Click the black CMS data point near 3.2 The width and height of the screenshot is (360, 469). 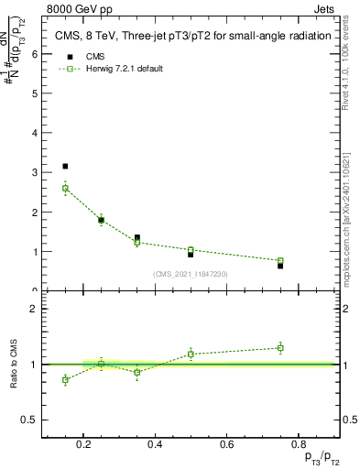(65, 166)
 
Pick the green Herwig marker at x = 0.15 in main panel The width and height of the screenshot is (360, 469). (65, 189)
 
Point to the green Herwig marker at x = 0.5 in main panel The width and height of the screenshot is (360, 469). (191, 250)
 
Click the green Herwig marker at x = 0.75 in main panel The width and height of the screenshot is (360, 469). (280, 261)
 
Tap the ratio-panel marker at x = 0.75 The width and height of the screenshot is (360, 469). (280, 347)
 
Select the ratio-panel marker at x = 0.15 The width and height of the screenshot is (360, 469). (65, 379)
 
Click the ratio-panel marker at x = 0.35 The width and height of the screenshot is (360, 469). (136, 372)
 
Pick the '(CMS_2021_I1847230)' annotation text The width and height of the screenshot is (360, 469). (191, 274)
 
